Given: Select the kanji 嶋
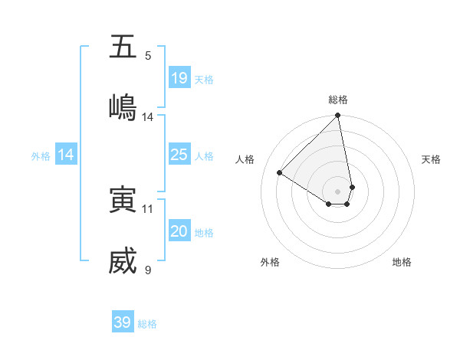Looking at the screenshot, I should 123,107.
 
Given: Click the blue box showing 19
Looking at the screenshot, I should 179,78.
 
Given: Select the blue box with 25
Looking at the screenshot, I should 179,155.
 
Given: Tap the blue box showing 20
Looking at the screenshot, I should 179,231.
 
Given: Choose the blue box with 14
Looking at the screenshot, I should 66,155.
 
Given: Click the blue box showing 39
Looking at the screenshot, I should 123,322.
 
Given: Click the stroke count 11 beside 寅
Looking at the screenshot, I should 148,208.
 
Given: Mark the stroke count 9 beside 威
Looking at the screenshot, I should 148,270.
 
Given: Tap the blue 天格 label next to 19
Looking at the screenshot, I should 204,80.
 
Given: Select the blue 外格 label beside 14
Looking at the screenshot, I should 41,156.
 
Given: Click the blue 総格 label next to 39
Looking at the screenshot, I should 147,324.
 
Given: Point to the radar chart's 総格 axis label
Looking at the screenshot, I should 338,100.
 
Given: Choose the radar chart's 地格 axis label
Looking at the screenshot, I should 402,262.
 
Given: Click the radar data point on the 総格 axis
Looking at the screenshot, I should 338,116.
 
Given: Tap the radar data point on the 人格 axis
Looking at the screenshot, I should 280,173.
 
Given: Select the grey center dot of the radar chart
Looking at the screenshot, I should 338,191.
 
